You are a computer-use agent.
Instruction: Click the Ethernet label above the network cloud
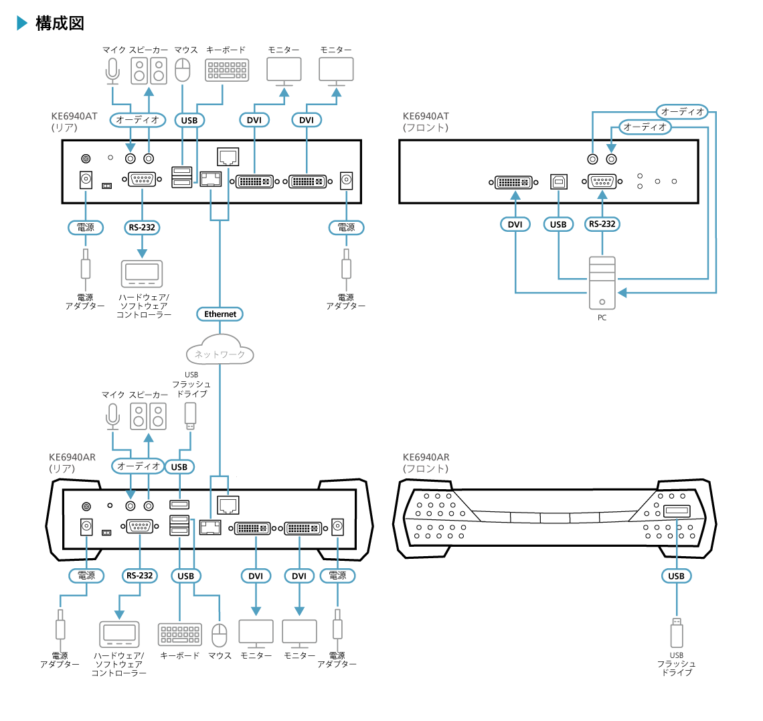[220, 314]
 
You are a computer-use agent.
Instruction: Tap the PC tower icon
[602, 282]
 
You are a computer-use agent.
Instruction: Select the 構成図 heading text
[60, 23]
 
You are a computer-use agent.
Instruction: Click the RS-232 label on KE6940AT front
[602, 224]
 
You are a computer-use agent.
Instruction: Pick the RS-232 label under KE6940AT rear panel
[142, 227]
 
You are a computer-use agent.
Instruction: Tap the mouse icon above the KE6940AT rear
[183, 70]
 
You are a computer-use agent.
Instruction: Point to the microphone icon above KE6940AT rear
[112, 71]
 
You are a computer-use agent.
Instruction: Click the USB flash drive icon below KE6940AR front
[677, 633]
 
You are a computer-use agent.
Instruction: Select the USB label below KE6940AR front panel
[677, 576]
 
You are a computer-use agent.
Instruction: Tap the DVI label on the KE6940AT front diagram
[515, 224]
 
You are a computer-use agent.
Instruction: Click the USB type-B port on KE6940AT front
[558, 181]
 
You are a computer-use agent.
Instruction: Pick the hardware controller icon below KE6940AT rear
[141, 273]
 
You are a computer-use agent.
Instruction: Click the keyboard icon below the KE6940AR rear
[180, 635]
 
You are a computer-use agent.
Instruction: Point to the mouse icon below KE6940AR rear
[220, 634]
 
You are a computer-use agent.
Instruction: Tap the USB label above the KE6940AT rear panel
[189, 120]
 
